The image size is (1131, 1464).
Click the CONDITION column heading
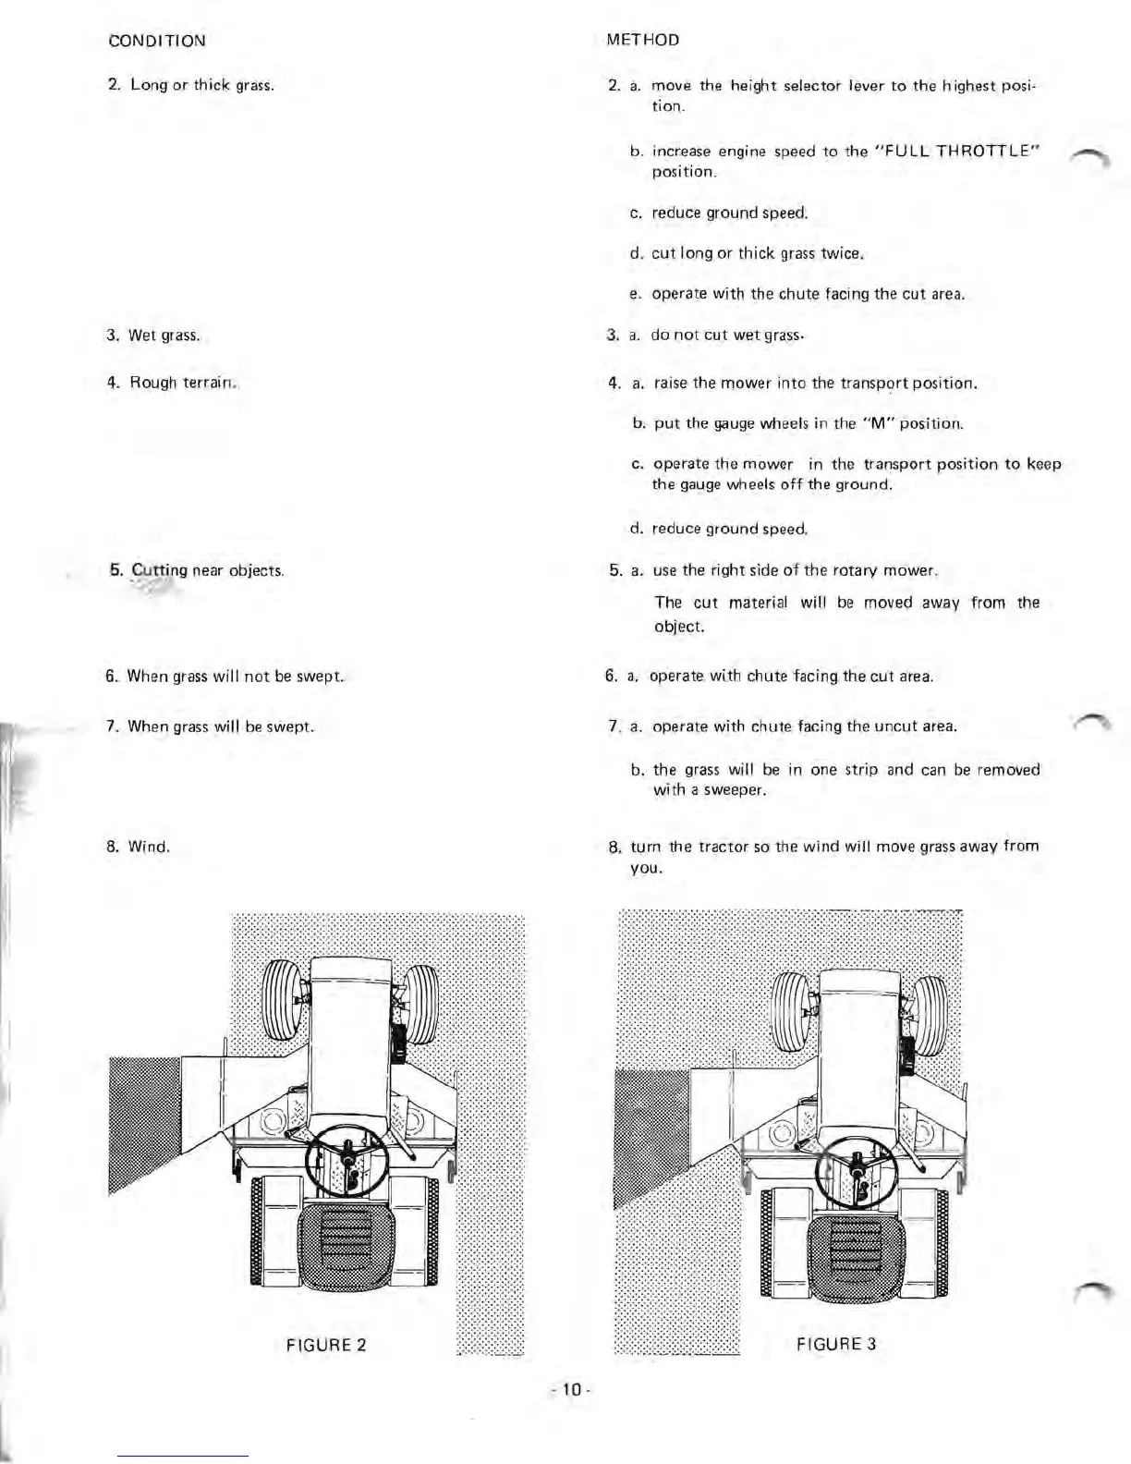(x=156, y=41)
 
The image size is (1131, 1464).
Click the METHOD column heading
(x=643, y=40)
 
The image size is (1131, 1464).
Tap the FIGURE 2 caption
(x=326, y=1345)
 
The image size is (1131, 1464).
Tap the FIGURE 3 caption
(x=835, y=1344)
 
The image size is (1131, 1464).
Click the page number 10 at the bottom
(x=570, y=1389)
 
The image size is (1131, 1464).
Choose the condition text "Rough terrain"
(x=184, y=383)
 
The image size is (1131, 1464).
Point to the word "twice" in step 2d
(x=841, y=253)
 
